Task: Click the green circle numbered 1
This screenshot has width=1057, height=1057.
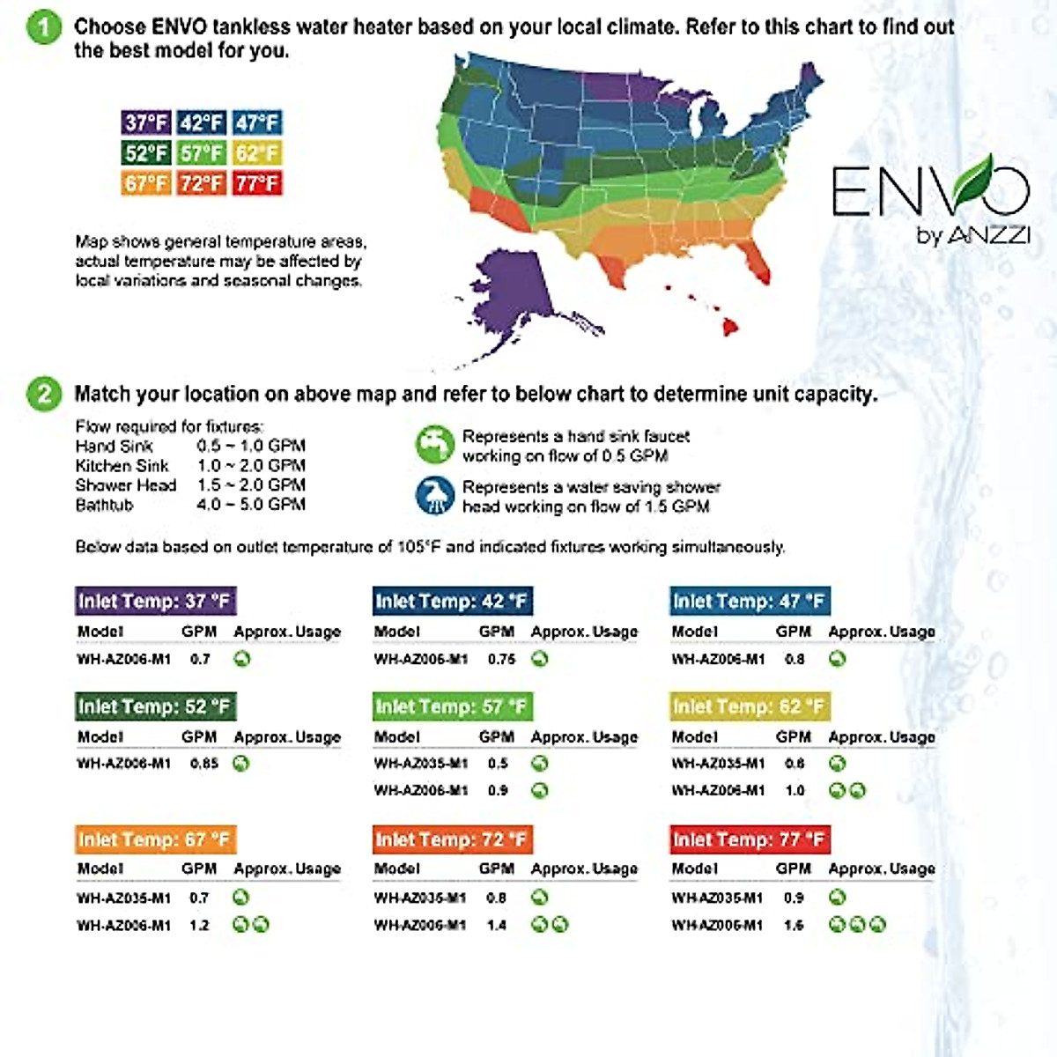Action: click(43, 26)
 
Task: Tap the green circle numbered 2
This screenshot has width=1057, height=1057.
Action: click(43, 394)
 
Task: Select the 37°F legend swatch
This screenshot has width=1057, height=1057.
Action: click(146, 122)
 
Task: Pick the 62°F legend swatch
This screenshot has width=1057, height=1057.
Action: click(256, 153)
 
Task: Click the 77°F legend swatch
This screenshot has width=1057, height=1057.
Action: click(256, 183)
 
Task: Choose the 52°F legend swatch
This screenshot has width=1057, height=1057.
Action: click(146, 153)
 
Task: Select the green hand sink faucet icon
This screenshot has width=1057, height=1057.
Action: click(433, 445)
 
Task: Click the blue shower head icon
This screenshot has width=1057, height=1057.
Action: click(433, 496)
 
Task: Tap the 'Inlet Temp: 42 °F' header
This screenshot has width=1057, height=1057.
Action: click(452, 602)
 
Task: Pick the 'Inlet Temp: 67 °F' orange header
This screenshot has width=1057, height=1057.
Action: click(155, 839)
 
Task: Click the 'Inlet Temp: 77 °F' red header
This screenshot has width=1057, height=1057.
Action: click(750, 839)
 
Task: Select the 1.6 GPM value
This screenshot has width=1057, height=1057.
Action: click(794, 925)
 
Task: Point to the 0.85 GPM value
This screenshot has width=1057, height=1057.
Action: click(203, 763)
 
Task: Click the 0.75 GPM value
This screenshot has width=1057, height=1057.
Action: click(501, 659)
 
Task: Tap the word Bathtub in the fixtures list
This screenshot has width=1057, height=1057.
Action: click(104, 505)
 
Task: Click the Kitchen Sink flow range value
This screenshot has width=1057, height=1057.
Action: click(251, 465)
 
